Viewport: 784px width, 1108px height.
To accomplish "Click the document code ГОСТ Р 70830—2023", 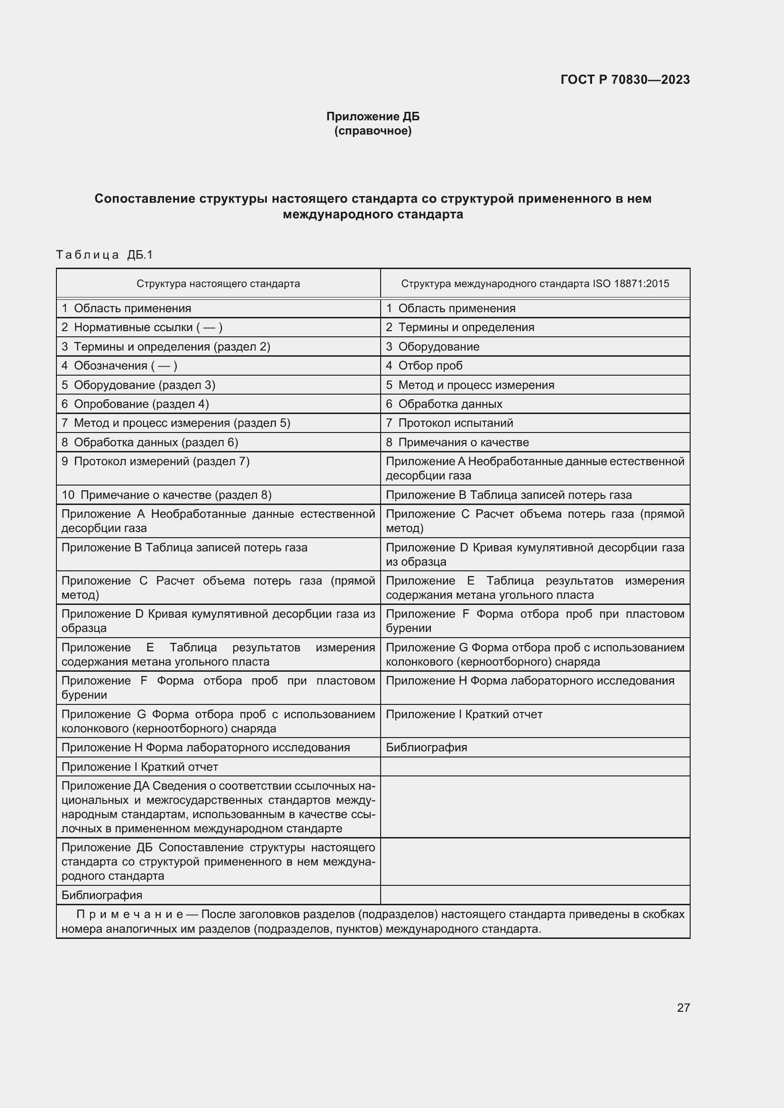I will pos(625,80).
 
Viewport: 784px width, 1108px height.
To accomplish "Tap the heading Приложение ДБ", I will pos(373,117).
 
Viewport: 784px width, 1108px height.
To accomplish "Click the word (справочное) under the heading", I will pos(373,131).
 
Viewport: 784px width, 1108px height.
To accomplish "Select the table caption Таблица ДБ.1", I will pos(104,254).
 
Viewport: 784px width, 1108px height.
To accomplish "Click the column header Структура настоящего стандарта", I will pos(218,283).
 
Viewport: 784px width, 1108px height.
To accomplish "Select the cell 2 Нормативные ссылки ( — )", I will pos(141,327).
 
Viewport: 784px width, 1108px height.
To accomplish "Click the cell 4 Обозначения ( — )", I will pos(119,365).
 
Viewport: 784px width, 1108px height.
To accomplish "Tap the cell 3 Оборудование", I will pos(433,346).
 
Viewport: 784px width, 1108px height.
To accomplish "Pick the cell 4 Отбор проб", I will pos(424,365).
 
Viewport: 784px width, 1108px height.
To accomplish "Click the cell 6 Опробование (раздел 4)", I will pos(135,404).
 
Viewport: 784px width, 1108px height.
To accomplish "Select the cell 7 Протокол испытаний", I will pos(449,423).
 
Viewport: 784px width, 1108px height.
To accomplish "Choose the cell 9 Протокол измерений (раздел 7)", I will pos(155,461).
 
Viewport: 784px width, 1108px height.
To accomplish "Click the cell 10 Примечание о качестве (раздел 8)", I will pos(166,495).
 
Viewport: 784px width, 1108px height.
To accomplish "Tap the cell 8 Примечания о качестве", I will pos(457,442).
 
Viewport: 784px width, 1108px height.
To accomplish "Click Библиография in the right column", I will pos(426,748).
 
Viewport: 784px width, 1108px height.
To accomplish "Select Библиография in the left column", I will pos(102,895).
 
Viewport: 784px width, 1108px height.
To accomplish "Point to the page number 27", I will pos(683,1008).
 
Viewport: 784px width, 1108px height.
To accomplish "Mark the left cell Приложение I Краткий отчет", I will pos(139,767).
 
